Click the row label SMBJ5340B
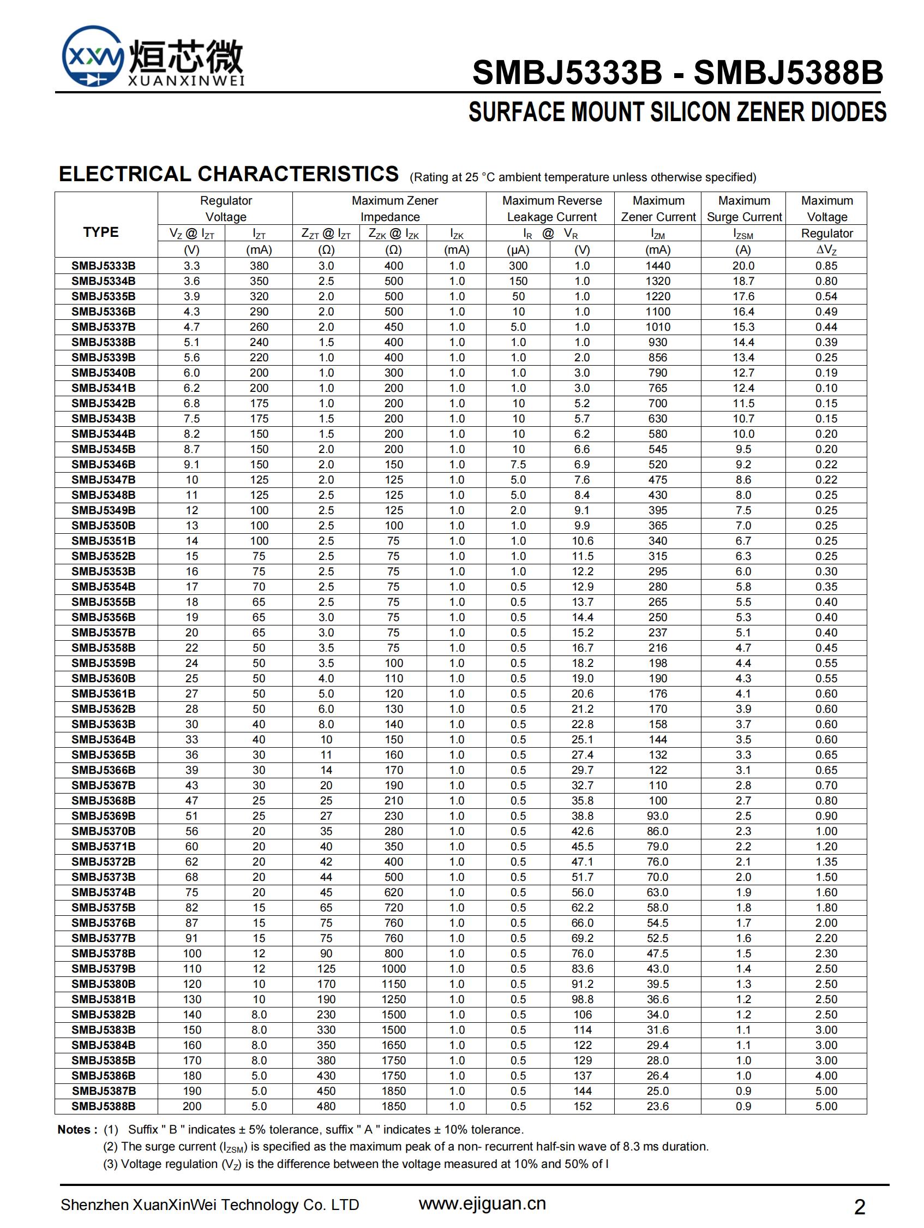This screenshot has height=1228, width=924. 103,373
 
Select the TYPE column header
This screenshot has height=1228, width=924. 101,232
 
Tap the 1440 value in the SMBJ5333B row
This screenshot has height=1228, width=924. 658,266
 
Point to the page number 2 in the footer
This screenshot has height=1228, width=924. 860,1207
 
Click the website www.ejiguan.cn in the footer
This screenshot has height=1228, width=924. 482,1203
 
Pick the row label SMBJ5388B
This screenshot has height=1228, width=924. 103,1106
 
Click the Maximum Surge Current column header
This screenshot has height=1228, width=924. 743,208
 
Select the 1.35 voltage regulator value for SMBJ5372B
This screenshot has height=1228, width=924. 826,862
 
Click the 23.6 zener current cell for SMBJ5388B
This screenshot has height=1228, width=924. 658,1106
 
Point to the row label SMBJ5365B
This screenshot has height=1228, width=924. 103,755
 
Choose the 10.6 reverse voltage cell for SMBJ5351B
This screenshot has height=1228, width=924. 582,541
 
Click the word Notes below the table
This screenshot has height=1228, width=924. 74,1130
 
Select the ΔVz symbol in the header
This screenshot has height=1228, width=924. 826,250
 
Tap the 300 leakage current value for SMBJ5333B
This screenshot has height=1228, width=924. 518,266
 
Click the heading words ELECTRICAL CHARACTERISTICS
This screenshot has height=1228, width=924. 229,174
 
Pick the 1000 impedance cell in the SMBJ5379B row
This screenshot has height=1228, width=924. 393,969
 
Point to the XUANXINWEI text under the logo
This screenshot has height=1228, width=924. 186,82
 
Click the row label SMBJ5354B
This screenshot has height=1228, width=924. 103,587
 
